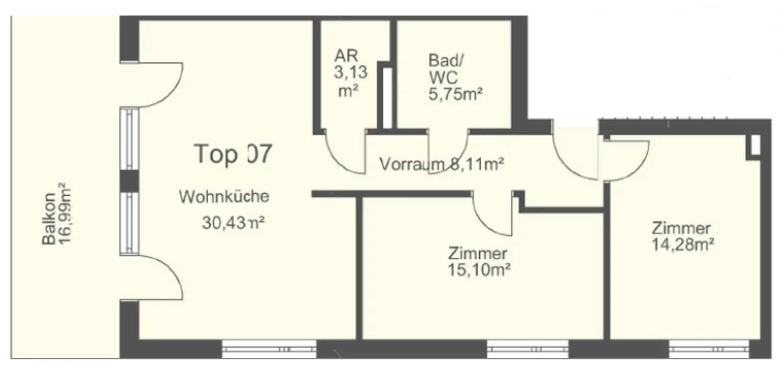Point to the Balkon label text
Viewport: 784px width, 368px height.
(49, 220)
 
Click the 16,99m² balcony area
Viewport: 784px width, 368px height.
(65, 215)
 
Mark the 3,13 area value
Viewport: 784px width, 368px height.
(351, 73)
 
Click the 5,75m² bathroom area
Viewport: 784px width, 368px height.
(455, 95)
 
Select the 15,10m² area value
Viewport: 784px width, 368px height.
(479, 269)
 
